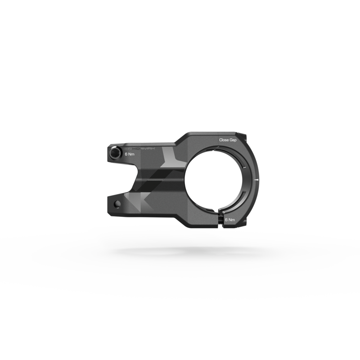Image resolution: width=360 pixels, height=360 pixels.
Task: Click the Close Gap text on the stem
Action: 227,140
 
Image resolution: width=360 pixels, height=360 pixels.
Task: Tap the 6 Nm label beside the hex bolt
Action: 130,154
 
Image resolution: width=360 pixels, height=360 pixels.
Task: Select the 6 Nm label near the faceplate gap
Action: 230,220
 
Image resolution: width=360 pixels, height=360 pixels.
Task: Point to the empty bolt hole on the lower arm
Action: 117,204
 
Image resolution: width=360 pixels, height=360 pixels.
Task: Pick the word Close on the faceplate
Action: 224,140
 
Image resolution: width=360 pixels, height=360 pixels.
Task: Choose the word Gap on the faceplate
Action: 233,140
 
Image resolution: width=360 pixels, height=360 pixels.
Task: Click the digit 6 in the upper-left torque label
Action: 126,154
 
